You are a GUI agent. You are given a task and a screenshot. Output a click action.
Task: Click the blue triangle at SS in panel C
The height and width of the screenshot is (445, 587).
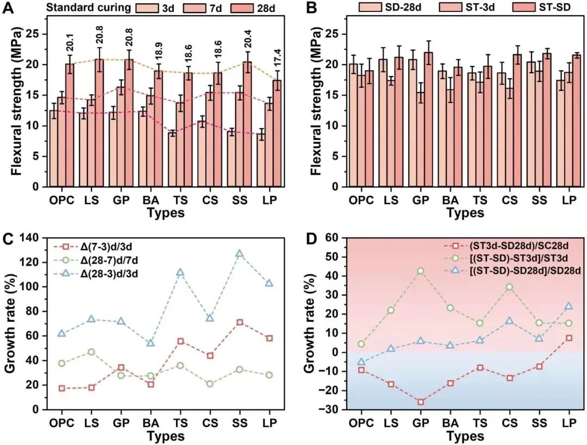coord(239,254)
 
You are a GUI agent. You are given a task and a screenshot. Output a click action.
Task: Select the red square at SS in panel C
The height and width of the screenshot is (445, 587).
coord(239,322)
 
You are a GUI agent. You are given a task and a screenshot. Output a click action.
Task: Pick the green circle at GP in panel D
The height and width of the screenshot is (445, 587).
coord(420,271)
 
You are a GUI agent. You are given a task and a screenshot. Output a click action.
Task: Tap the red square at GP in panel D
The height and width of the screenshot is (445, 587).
coord(420,402)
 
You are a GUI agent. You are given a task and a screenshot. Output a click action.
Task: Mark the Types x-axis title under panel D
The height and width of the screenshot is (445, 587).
coord(465,436)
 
